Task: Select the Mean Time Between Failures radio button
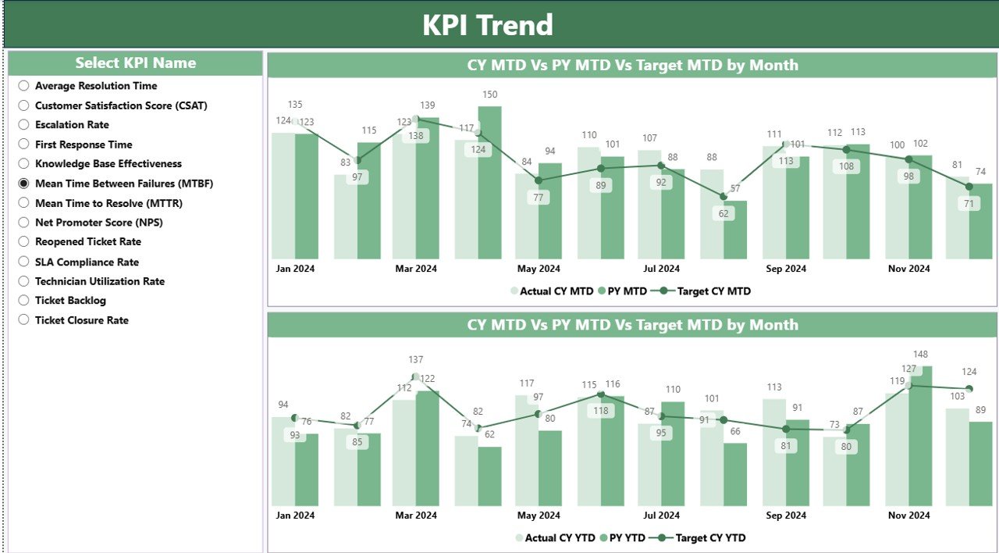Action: click(23, 184)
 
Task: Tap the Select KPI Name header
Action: click(135, 63)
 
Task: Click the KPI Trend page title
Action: click(488, 25)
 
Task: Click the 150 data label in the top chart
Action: click(489, 95)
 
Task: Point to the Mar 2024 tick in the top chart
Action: click(416, 269)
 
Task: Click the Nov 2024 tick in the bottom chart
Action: click(908, 516)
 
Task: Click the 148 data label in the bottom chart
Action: click(920, 355)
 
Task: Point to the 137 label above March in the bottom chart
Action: click(416, 360)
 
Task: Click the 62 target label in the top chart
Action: click(723, 213)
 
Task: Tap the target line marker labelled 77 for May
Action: click(539, 180)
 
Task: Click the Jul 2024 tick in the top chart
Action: click(662, 269)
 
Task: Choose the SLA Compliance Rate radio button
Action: click(23, 262)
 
